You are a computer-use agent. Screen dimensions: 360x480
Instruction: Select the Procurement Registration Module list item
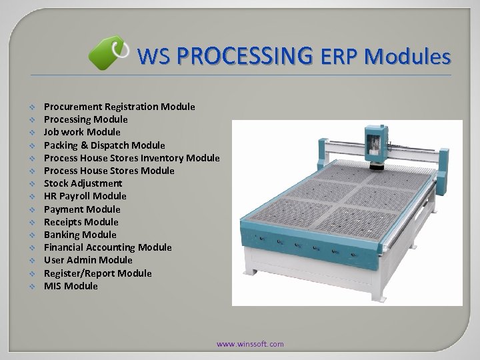[119, 107]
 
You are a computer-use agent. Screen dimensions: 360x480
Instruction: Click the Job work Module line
[82, 132]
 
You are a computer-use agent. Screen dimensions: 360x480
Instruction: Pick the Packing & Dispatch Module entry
[105, 145]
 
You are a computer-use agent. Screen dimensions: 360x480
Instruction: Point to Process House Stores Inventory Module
[131, 158]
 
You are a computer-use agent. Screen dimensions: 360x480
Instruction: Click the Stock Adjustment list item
[83, 183]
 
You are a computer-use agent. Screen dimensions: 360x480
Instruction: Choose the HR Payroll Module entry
[85, 196]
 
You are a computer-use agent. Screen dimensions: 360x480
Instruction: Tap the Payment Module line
[82, 209]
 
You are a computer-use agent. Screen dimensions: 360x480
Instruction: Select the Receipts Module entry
[81, 222]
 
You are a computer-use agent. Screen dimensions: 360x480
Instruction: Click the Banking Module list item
[80, 235]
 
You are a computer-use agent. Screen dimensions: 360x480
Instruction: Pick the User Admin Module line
[88, 260]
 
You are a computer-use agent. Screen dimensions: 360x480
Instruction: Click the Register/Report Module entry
[98, 273]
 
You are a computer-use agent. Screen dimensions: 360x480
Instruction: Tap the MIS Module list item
[71, 286]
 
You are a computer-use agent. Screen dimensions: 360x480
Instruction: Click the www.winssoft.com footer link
[250, 344]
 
